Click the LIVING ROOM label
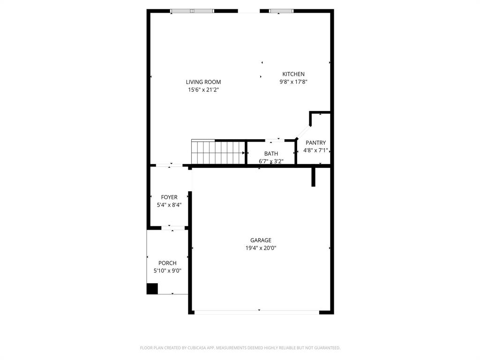tap(203, 82)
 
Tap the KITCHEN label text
tap(293, 74)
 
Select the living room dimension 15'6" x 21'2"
tap(203, 90)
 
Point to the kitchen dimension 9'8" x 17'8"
tap(293, 82)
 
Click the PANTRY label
tap(315, 143)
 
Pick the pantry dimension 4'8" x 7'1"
tap(315, 150)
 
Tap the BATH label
tap(271, 154)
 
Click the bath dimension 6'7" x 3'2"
tap(271, 161)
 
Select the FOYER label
tap(169, 197)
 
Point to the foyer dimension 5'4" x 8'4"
tap(169, 205)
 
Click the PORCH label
tap(167, 263)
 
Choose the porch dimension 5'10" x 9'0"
tap(167, 271)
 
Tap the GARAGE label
tap(261, 240)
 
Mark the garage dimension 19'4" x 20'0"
tap(261, 248)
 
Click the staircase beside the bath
tap(218, 152)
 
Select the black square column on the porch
tap(152, 289)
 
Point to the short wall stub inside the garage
tap(314, 177)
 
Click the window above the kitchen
tap(281, 11)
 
